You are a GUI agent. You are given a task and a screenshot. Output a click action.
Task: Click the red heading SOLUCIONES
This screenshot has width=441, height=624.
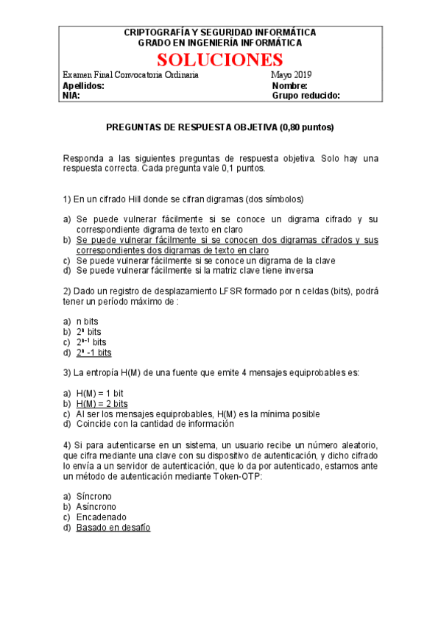coord(220,60)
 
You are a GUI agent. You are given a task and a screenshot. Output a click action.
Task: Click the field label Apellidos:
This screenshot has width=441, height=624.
coord(84,85)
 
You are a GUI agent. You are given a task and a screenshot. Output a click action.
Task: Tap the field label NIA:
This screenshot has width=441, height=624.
coord(71,95)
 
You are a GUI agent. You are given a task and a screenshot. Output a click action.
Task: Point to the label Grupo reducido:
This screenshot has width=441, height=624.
coord(306,95)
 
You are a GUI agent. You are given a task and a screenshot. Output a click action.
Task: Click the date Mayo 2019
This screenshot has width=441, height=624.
coord(292,75)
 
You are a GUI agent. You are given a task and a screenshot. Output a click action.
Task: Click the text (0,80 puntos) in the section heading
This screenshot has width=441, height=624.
coord(306,127)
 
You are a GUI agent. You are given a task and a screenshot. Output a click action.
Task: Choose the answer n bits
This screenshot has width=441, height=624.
coord(88,322)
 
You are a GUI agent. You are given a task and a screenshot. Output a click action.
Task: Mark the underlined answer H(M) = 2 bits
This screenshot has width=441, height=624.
coord(102,404)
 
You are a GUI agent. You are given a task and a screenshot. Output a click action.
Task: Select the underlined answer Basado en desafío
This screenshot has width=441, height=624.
coord(113,528)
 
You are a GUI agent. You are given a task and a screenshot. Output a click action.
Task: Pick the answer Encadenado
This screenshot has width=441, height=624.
coord(101,517)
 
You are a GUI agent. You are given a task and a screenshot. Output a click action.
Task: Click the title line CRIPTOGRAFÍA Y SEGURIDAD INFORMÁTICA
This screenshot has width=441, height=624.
coord(220,33)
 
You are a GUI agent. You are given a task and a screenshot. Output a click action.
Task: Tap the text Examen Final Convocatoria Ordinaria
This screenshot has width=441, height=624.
coord(131,75)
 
